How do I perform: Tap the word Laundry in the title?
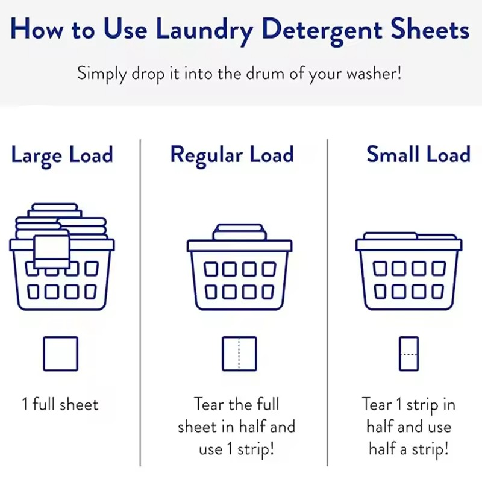202,30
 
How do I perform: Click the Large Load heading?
61,155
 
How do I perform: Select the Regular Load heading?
232,155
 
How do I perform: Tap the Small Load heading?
418,155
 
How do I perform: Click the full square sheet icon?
60,354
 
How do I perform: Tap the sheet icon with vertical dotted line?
239,354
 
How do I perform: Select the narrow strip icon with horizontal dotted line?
408,354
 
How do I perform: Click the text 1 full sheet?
60,404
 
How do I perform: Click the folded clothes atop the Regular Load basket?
239,232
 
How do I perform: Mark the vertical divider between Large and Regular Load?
140,301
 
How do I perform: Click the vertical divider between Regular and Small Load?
327,301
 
